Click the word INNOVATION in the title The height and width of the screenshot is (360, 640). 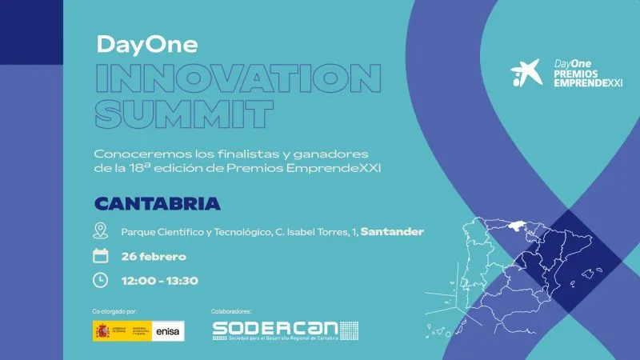[x=238, y=78]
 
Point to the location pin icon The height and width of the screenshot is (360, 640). [x=101, y=232]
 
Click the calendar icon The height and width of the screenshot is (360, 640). [x=101, y=256]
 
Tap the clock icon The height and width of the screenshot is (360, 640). [x=101, y=280]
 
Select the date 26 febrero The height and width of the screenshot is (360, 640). [x=154, y=257]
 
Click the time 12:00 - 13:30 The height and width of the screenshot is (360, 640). [x=159, y=281]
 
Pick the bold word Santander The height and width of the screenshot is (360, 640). [x=392, y=232]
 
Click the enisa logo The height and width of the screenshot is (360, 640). [x=168, y=330]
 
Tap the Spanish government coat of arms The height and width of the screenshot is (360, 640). [x=102, y=330]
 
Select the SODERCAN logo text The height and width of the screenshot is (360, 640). [x=276, y=328]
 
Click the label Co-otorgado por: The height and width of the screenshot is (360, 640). [x=115, y=310]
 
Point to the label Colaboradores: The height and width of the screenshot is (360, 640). [x=232, y=310]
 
